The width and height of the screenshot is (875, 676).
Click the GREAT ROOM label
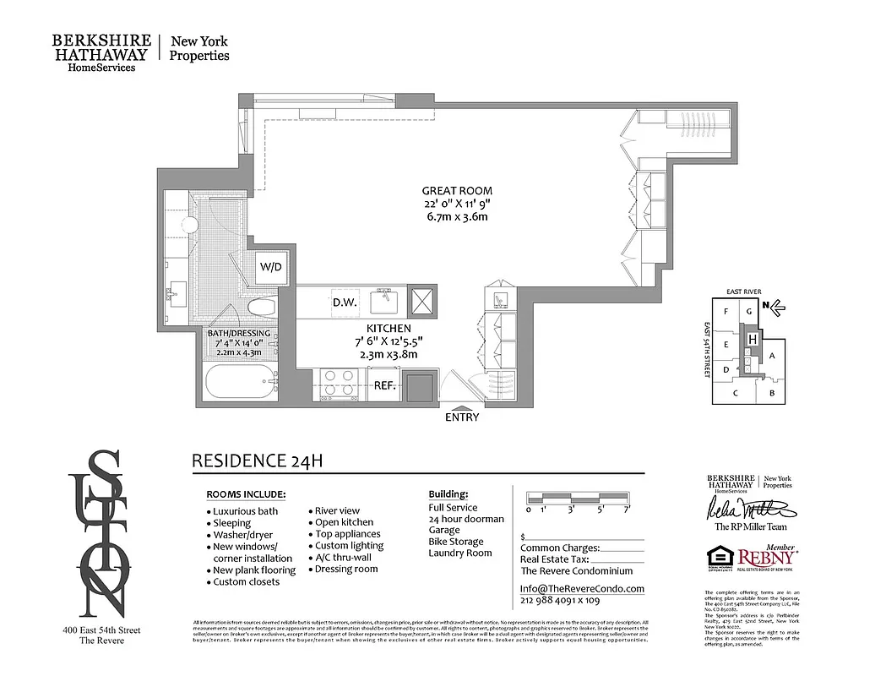click(x=457, y=191)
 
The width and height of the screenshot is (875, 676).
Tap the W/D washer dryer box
click(x=270, y=268)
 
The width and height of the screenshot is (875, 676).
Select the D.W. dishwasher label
click(x=343, y=302)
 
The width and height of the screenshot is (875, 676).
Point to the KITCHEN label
click(x=388, y=328)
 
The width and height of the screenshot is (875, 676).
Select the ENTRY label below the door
click(x=461, y=417)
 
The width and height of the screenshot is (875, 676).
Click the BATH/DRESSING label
click(x=239, y=333)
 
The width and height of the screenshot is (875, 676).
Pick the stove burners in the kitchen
click(x=339, y=384)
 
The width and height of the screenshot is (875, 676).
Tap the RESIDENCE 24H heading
click(x=258, y=461)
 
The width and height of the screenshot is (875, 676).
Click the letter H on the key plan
click(x=751, y=339)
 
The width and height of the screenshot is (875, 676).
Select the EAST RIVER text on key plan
click(x=743, y=291)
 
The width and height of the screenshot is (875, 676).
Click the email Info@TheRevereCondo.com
click(x=581, y=589)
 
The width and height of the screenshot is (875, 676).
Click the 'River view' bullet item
click(x=337, y=510)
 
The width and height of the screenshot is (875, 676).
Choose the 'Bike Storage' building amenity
click(x=456, y=542)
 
